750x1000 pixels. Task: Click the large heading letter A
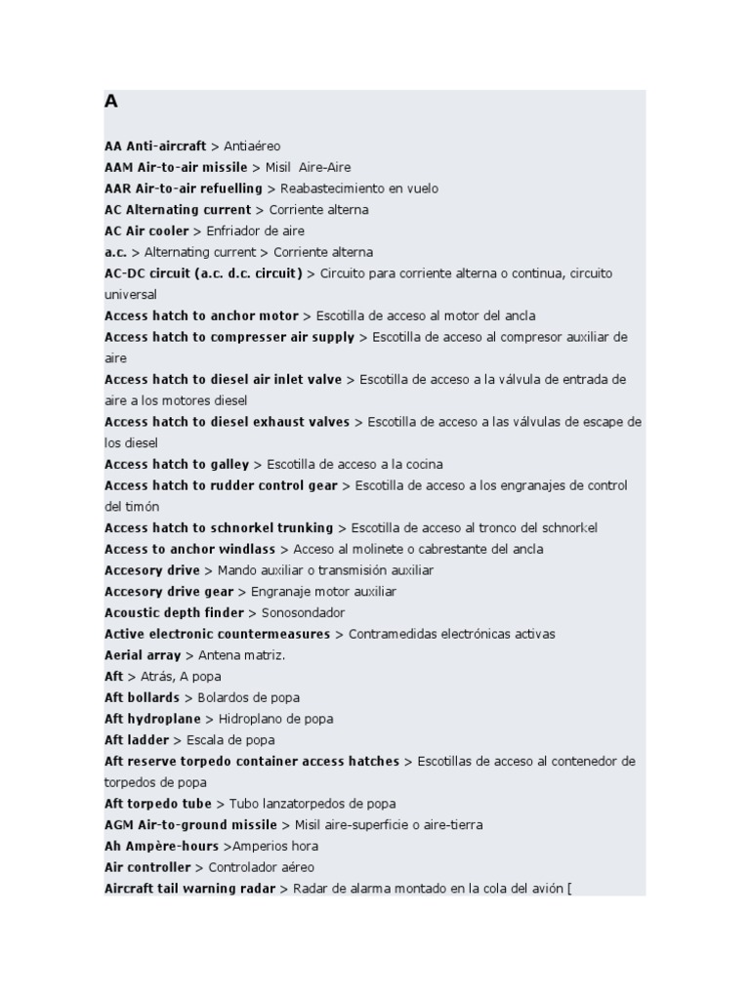[x=111, y=102]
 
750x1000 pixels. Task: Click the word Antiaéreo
[x=252, y=146]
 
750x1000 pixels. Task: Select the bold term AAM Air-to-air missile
[x=176, y=167]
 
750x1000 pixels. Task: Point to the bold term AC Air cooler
[x=146, y=231]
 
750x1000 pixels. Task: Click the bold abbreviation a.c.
[x=115, y=252]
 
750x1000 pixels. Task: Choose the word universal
[x=130, y=295]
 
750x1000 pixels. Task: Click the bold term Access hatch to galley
[x=177, y=465]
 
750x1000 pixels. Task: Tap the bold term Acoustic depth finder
[x=174, y=613]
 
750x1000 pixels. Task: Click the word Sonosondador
[x=303, y=613]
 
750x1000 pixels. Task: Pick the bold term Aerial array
[x=143, y=655]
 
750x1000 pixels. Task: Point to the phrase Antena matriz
[x=241, y=655]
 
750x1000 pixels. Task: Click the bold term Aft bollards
[x=142, y=698]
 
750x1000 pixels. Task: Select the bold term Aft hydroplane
[x=152, y=719]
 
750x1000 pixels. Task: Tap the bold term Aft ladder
[x=137, y=740]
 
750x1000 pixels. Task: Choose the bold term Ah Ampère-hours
[x=161, y=847]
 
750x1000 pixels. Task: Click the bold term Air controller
[x=147, y=867]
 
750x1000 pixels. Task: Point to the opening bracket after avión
[x=569, y=889]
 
